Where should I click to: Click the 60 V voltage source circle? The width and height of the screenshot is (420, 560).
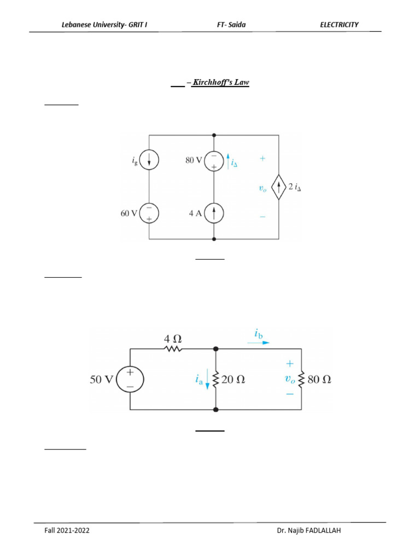pyautogui.click(x=149, y=213)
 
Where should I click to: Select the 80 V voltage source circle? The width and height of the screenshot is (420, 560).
pyautogui.click(x=214, y=162)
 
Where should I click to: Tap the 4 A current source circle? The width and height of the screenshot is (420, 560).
pyautogui.click(x=214, y=213)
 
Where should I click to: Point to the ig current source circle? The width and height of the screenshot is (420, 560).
pyautogui.click(x=149, y=161)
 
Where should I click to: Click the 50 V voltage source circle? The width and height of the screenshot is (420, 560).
pyautogui.click(x=130, y=379)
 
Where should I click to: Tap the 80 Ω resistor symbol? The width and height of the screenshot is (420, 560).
pyautogui.click(x=302, y=379)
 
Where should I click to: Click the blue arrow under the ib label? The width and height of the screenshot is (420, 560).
pyautogui.click(x=258, y=343)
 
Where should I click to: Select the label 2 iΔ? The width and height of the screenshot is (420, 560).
pyautogui.click(x=295, y=188)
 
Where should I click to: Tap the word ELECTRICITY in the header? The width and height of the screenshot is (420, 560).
pyautogui.click(x=339, y=25)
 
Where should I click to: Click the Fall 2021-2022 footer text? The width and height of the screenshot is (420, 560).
pyautogui.click(x=67, y=530)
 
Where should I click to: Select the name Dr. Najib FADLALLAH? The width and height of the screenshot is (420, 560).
pyautogui.click(x=308, y=530)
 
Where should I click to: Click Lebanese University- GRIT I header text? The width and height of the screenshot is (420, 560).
pyautogui.click(x=103, y=25)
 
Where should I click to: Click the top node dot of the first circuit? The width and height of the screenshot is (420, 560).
pyautogui.click(x=214, y=135)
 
